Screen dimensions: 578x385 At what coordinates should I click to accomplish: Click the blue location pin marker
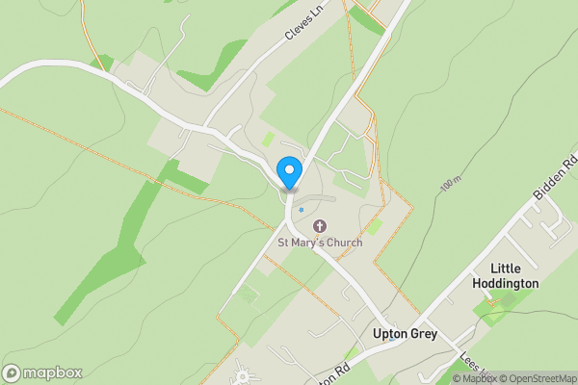coord(288,173)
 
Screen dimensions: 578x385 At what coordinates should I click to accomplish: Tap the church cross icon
coord(320,227)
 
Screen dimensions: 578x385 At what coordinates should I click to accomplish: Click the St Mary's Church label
coord(320,243)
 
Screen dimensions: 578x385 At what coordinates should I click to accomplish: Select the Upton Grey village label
coord(405,334)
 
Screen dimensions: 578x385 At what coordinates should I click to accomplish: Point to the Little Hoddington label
coord(505,276)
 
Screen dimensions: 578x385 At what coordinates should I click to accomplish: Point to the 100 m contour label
coord(450,182)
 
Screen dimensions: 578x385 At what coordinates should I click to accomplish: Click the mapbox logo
coord(42,372)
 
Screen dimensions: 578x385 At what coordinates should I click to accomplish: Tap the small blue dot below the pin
coord(301,209)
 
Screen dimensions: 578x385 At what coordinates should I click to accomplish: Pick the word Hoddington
coord(505,284)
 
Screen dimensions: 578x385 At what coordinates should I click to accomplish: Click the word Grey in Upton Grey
coord(424,334)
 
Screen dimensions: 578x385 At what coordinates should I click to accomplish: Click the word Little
coord(505,269)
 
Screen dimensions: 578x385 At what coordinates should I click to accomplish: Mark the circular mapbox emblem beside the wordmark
coord(13,372)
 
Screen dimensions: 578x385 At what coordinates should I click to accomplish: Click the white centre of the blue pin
coord(288,168)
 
